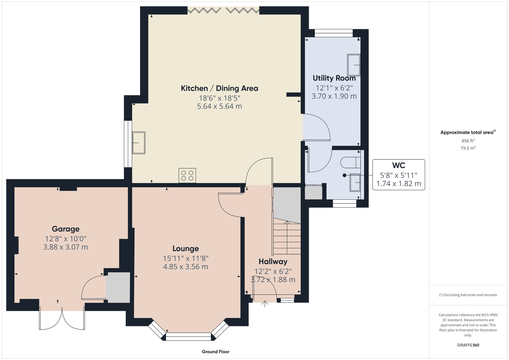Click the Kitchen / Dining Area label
(219, 88)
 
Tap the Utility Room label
(334, 78)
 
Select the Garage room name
(66, 229)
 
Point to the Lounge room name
(186, 248)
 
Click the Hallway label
(273, 262)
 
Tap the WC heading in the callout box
(398, 165)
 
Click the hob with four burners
(187, 175)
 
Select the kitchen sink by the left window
(139, 143)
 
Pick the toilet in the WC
(351, 162)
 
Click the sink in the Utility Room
(354, 65)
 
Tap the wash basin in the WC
(355, 183)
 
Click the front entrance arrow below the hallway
(265, 304)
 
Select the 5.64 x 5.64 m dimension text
(219, 106)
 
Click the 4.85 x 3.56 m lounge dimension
(186, 267)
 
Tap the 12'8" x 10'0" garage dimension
(66, 239)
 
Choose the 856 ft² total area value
(468, 141)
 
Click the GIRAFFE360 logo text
(468, 345)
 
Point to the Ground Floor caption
(215, 352)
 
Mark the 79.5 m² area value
(468, 148)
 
